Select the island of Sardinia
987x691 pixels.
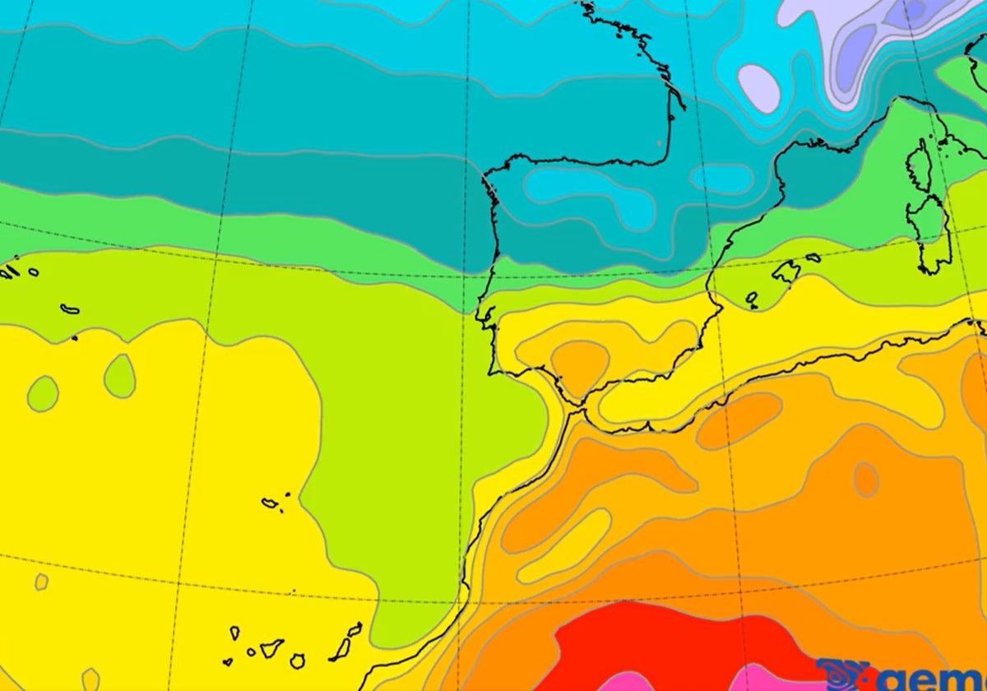point(934,234)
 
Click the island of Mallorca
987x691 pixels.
point(787,271)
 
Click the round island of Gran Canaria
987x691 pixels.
point(298,661)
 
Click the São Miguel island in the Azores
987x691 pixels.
point(69,310)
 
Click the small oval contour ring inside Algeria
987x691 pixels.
point(865,479)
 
